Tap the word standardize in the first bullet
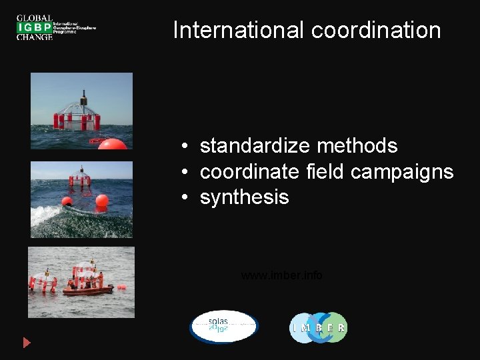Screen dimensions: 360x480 click(x=255, y=145)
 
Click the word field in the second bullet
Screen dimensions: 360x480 click(x=323, y=171)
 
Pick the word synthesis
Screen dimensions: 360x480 click(x=244, y=197)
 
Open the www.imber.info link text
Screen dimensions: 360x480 click(x=281, y=275)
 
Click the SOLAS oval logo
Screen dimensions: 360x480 click(x=223, y=327)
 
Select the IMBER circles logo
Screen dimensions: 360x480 click(x=318, y=327)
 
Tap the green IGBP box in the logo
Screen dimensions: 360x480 click(x=35, y=27)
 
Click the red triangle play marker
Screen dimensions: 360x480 click(x=27, y=343)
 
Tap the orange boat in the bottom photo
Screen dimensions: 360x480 click(x=87, y=289)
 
